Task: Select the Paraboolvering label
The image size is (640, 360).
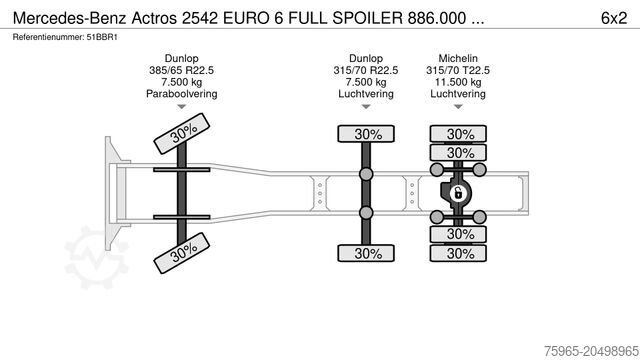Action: click(x=182, y=94)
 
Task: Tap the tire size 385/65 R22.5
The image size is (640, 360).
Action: click(x=182, y=70)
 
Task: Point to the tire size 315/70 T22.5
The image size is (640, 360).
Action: click(x=459, y=70)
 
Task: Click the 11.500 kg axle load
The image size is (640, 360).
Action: click(x=459, y=82)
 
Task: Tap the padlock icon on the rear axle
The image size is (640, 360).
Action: click(x=459, y=193)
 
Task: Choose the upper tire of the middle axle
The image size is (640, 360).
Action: click(x=367, y=134)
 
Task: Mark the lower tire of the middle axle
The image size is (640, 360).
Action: click(x=367, y=254)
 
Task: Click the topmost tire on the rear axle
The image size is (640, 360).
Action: click(x=459, y=134)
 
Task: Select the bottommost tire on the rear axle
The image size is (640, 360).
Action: click(x=459, y=254)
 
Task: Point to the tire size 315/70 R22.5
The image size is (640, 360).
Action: click(x=367, y=70)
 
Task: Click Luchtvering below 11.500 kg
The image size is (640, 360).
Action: click(x=459, y=94)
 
